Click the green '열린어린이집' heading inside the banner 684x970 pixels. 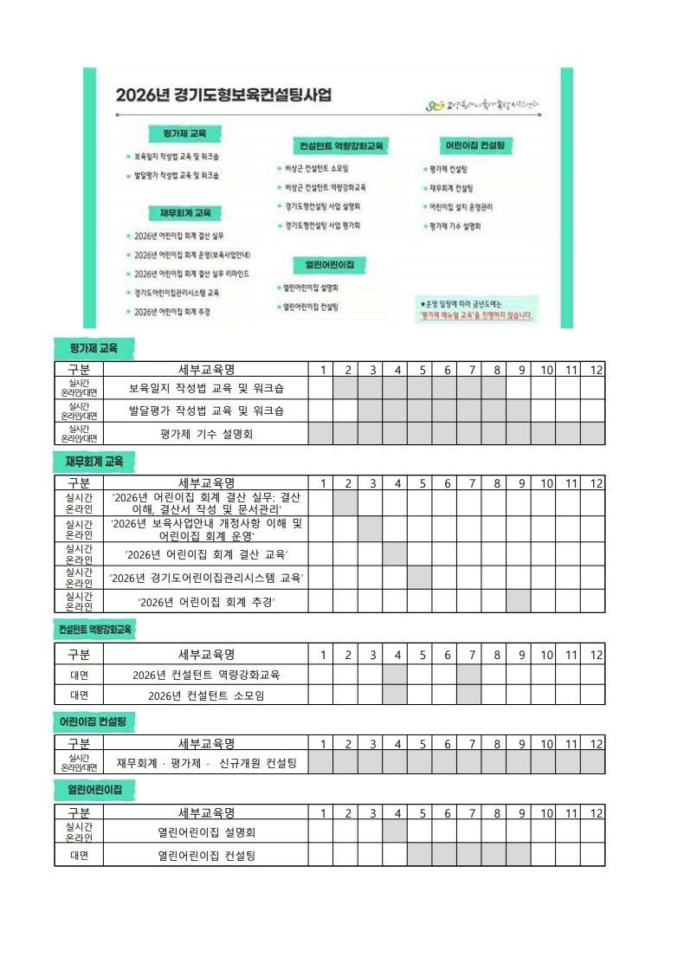[x=329, y=264]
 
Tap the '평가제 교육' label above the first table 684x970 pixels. [x=93, y=348]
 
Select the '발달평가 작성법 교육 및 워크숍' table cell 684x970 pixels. [x=205, y=410]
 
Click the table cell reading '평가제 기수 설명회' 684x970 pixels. [x=205, y=434]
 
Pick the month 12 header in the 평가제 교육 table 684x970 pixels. [x=596, y=370]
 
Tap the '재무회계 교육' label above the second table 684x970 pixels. [x=93, y=462]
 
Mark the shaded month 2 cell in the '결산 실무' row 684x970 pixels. [x=345, y=503]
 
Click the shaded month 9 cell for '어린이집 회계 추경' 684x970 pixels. [x=519, y=601]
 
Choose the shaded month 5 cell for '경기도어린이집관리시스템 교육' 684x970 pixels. [x=420, y=577]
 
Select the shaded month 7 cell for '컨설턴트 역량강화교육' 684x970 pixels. [x=469, y=675]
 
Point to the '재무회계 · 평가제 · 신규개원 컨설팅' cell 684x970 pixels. [x=205, y=762]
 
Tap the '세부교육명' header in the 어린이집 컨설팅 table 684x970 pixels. [x=205, y=742]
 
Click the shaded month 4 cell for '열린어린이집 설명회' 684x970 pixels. [x=395, y=831]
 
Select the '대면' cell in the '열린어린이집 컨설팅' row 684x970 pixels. [x=79, y=855]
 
